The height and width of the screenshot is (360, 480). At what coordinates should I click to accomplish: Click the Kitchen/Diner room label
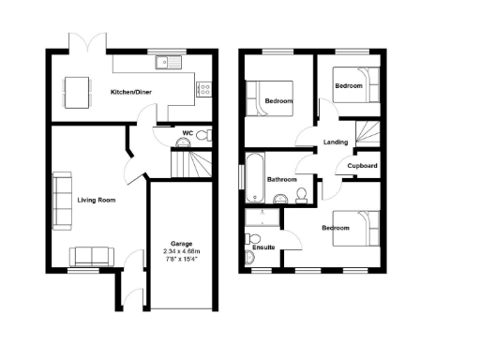coord(131,92)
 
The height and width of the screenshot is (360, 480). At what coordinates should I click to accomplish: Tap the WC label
coord(188,132)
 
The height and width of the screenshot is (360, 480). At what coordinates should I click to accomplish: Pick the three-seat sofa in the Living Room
coord(61,199)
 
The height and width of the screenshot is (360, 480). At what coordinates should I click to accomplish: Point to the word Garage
coord(182,243)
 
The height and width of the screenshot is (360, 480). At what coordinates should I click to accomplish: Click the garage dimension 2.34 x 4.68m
coord(182,251)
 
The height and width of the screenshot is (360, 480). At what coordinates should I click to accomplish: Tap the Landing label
coord(336,142)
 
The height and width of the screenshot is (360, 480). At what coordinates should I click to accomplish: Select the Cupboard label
coord(363,166)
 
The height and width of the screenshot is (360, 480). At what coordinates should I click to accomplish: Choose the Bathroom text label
coord(281,179)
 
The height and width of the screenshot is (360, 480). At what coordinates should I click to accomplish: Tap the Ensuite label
coord(264,247)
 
